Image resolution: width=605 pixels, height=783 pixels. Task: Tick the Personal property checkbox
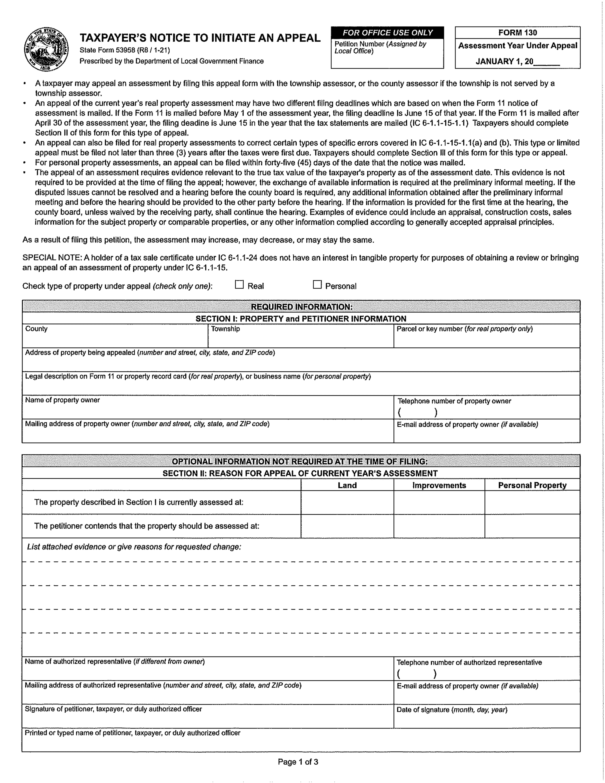[x=317, y=285]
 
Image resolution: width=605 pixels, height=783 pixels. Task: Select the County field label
[x=36, y=329]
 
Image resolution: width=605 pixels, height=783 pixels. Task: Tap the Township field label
[x=225, y=329]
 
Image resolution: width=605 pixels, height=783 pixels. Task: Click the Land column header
[x=347, y=485]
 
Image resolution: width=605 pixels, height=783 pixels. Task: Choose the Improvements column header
[x=439, y=485]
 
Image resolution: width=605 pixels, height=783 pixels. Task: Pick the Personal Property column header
[x=532, y=485]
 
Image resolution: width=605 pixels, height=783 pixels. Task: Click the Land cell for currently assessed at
[x=347, y=502]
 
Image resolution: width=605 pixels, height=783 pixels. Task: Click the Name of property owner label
[x=62, y=400]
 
